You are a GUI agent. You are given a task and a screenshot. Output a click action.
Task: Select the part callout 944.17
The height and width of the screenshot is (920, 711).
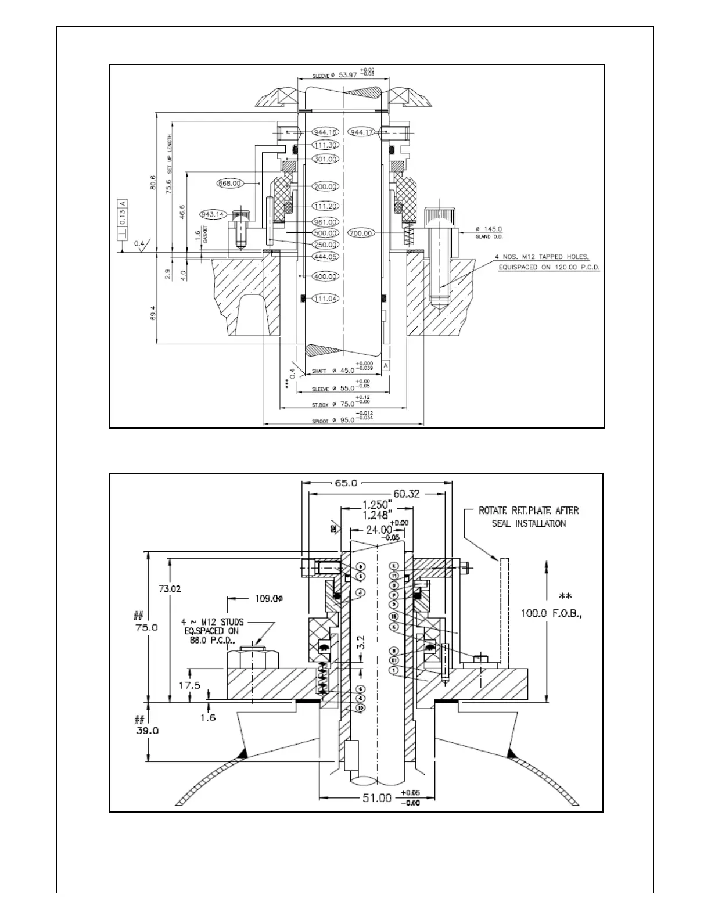(361, 132)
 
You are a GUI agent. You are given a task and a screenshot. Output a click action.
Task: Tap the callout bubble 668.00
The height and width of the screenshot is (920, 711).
(229, 183)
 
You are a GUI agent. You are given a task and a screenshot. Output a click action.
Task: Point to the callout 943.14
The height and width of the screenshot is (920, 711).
(213, 214)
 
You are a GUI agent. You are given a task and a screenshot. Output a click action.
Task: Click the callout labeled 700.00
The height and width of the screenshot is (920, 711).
(361, 233)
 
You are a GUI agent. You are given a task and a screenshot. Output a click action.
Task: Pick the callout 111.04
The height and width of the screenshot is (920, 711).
(325, 299)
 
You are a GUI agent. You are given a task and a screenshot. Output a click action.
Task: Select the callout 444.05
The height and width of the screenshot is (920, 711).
(325, 256)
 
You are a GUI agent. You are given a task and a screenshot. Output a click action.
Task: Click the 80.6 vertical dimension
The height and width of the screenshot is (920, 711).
(152, 182)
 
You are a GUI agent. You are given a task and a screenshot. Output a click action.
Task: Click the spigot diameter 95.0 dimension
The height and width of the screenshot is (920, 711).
(342, 420)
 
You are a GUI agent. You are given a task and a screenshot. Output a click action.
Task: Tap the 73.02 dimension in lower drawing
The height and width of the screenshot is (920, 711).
(170, 588)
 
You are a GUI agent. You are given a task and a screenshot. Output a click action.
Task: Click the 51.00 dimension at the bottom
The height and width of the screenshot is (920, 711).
(378, 798)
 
